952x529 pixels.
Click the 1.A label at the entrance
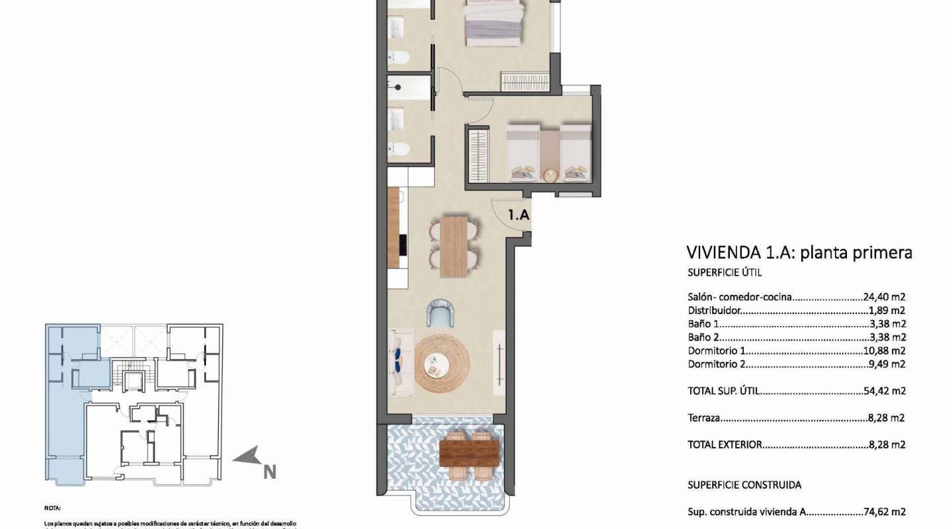518,215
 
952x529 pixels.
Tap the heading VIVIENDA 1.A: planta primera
799,252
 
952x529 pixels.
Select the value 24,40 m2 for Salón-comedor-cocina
884,298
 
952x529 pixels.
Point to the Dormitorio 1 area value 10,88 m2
884,350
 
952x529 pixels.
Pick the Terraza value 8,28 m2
886,418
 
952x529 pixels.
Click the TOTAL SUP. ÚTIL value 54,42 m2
884,391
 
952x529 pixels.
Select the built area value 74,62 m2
884,511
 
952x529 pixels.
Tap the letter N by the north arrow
269,471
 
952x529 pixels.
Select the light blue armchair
441,313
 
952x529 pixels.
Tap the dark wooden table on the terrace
469,454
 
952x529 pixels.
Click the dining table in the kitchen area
454,246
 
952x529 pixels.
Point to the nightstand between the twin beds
549,175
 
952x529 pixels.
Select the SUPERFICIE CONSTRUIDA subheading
744,485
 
